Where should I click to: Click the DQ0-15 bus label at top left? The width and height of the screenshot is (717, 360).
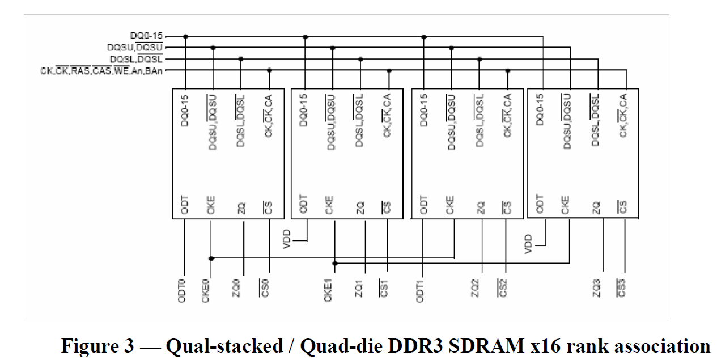click(x=146, y=36)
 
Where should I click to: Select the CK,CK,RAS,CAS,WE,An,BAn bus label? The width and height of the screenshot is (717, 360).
click(x=104, y=71)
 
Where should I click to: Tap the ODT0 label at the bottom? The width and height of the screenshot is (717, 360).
click(x=182, y=290)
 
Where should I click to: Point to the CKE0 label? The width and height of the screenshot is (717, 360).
click(x=206, y=290)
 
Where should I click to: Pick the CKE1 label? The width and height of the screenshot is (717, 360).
click(x=328, y=290)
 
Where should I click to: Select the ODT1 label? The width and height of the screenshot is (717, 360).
click(x=420, y=290)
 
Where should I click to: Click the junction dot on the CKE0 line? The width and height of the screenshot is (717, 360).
click(x=211, y=258)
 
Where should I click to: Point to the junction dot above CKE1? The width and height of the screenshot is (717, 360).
click(x=335, y=263)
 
